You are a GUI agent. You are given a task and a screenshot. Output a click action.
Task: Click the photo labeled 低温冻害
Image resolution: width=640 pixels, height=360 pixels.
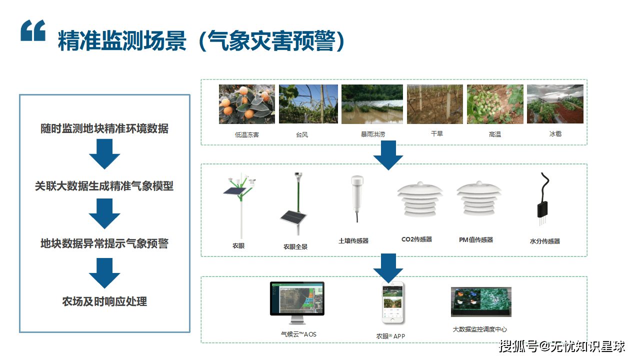pyautogui.click(x=247, y=104)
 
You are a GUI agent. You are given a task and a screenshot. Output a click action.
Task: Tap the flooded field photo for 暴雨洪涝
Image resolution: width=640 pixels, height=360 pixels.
pyautogui.click(x=372, y=104)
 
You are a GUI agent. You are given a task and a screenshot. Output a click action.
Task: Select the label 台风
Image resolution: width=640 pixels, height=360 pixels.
pyautogui.click(x=301, y=134)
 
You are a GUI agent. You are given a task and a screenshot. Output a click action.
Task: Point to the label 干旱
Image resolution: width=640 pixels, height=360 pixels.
pyautogui.click(x=436, y=134)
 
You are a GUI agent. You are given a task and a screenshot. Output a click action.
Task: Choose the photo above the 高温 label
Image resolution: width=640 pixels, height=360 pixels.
pyautogui.click(x=495, y=104)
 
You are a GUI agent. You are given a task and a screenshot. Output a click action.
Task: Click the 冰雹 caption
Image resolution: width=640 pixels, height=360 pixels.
pyautogui.click(x=555, y=134)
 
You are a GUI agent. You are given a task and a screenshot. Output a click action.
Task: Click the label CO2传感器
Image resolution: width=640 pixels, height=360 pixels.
pyautogui.click(x=416, y=239)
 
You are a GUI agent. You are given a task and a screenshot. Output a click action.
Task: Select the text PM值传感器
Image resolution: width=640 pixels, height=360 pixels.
pyautogui.click(x=476, y=240)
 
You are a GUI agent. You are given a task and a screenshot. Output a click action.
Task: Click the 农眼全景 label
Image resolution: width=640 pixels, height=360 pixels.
pyautogui.click(x=295, y=246)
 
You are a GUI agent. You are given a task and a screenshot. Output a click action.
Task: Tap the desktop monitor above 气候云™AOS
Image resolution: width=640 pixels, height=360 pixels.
pyautogui.click(x=297, y=300)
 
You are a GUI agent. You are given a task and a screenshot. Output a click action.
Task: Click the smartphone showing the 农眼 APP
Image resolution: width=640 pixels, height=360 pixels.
pyautogui.click(x=393, y=302)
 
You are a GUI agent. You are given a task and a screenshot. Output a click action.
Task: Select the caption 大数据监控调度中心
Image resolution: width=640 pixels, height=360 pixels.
pyautogui.click(x=479, y=329)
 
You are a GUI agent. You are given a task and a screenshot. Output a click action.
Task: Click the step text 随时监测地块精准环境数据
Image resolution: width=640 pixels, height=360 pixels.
pyautogui.click(x=104, y=128)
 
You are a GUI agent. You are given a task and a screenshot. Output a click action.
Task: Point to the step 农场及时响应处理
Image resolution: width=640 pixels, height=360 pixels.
pyautogui.click(x=104, y=301)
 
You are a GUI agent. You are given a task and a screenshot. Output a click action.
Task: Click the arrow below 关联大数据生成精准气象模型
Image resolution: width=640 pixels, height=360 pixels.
pyautogui.click(x=104, y=213)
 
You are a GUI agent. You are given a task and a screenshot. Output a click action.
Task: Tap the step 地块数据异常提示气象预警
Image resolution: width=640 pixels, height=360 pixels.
pyautogui.click(x=104, y=243)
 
